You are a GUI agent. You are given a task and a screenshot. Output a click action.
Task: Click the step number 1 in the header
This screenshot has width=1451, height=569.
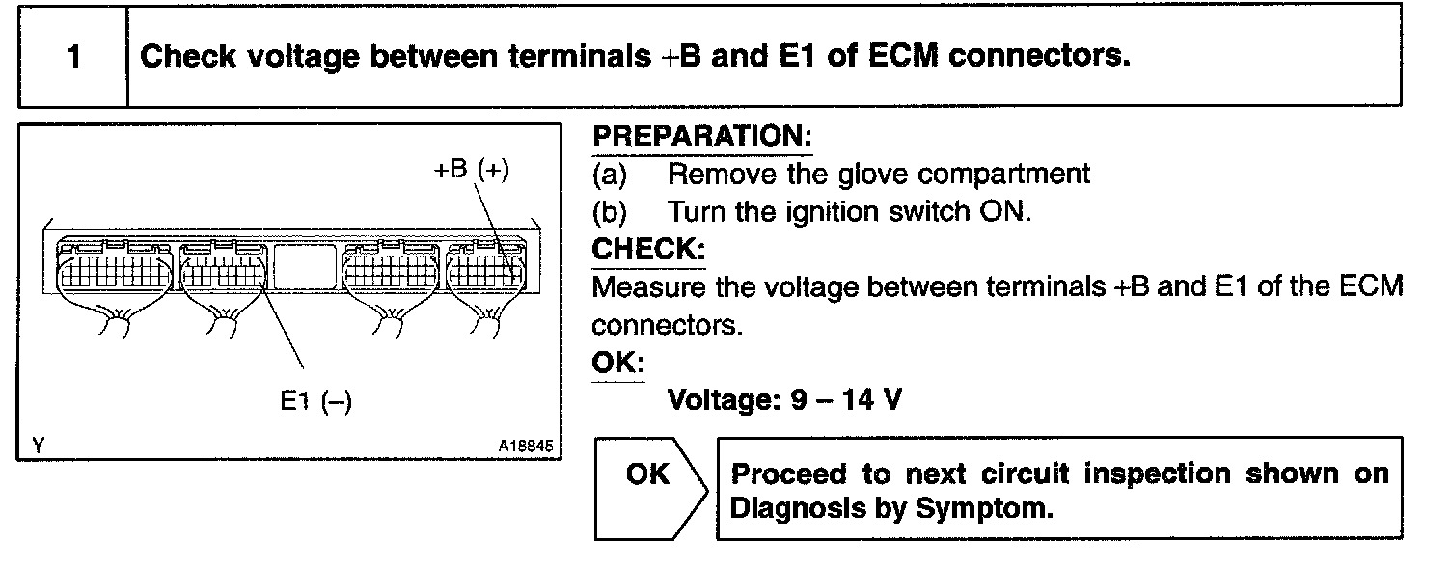pyautogui.click(x=73, y=57)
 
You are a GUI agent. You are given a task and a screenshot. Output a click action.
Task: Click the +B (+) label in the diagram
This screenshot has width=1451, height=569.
pyautogui.click(x=470, y=170)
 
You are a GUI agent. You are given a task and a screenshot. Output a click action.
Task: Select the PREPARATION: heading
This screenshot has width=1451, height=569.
pyautogui.click(x=702, y=137)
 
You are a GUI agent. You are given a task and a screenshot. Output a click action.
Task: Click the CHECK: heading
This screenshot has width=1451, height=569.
pyautogui.click(x=648, y=250)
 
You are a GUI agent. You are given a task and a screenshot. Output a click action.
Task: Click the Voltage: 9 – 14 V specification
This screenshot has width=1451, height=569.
pyautogui.click(x=785, y=399)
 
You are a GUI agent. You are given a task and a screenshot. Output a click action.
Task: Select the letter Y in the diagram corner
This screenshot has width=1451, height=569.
pyautogui.click(x=37, y=446)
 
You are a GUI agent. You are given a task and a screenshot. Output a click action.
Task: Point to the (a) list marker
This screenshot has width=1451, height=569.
pyautogui.click(x=610, y=175)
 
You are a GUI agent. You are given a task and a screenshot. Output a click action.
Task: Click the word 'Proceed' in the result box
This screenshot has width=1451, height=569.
pyautogui.click(x=780, y=474)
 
